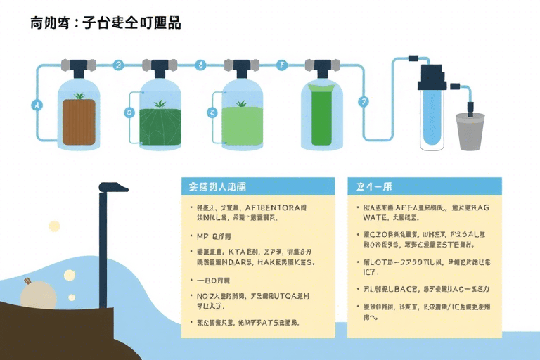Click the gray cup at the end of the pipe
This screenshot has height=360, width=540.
[x=470, y=131]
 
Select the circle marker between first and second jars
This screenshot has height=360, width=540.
[x=118, y=65]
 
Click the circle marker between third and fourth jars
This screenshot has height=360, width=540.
[x=283, y=65]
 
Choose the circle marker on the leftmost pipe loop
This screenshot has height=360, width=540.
[x=37, y=105]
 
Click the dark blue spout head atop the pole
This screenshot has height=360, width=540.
[x=113, y=187]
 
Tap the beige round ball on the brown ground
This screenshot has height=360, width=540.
[x=37, y=294]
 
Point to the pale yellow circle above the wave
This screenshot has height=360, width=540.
[x=54, y=226]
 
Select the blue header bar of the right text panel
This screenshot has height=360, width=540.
[x=425, y=186]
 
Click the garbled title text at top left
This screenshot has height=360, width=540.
[x=105, y=23]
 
